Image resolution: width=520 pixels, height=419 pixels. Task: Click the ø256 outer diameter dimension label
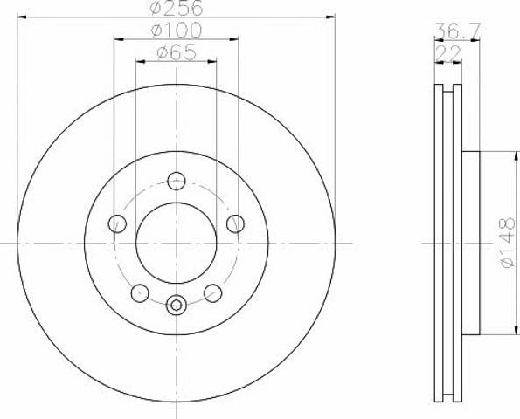176,7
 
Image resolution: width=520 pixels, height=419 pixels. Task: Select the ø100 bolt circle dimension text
176,30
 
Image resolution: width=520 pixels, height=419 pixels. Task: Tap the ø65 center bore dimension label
177,52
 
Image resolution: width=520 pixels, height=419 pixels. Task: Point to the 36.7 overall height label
457,31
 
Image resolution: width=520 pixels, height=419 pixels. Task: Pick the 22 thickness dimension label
447,52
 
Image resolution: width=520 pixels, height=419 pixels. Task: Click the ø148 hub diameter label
508,242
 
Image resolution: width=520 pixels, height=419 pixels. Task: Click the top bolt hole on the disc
177,182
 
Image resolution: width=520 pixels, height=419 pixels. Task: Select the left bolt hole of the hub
117,223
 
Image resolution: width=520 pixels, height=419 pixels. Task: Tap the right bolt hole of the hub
235,223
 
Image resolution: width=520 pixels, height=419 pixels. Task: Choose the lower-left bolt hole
140,292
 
